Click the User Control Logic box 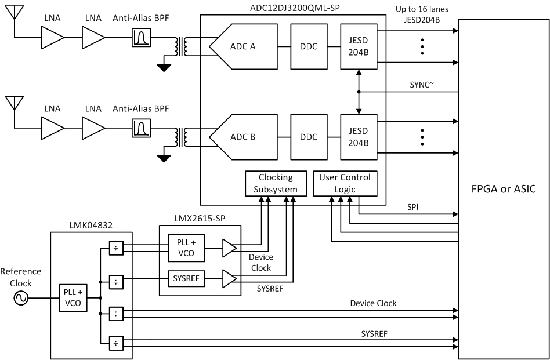click(345, 183)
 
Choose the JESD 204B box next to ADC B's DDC click(359, 138)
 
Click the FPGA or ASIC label click(504, 188)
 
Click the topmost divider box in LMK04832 click(116, 248)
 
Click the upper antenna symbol click(12, 14)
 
